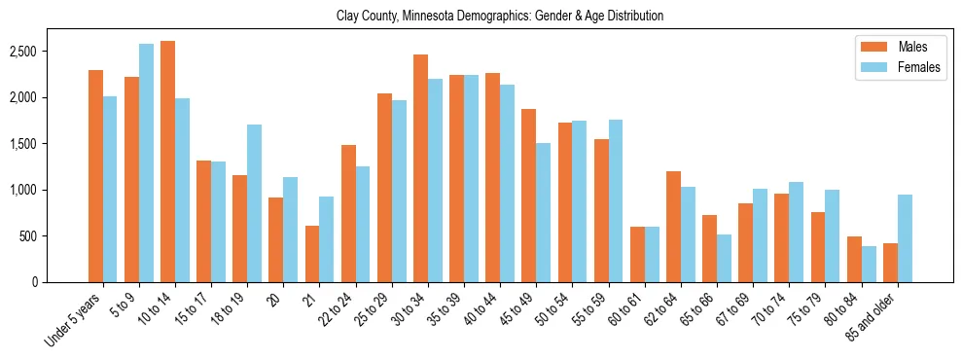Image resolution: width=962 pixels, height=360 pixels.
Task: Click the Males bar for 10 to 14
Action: coord(168,162)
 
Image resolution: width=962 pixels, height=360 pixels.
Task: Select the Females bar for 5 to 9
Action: coord(147,162)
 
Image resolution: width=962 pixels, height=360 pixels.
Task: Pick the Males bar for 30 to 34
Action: coord(421,168)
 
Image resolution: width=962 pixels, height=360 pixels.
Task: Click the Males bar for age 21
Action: coord(312,254)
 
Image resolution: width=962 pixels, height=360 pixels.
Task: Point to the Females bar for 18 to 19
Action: coord(255,203)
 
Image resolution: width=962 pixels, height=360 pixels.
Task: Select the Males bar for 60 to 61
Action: coord(637,254)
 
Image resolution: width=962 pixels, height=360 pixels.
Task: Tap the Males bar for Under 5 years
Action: coord(95,176)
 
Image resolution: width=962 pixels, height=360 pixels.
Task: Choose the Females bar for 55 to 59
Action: coord(616,200)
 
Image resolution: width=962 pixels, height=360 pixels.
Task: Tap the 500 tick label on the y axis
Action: coord(56,236)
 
